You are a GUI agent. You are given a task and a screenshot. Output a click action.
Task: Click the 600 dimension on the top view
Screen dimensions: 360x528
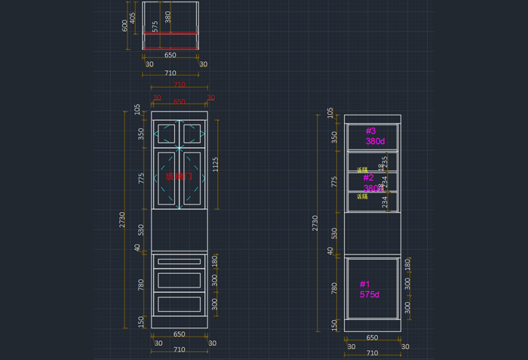point(125,25)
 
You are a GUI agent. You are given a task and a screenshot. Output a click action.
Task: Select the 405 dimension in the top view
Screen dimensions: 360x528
point(133,17)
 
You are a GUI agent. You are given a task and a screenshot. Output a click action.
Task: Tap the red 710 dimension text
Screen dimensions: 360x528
point(180,85)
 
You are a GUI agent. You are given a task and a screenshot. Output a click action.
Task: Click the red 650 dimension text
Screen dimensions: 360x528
point(180,102)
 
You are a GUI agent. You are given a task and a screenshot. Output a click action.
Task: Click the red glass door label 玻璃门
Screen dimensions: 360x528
point(179,177)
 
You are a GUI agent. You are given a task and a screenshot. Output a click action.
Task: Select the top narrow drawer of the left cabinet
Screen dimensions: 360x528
point(180,261)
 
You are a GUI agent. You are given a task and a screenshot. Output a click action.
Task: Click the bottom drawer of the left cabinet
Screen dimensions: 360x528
point(180,304)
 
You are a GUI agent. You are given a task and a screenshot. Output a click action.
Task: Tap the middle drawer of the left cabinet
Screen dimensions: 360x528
point(180,281)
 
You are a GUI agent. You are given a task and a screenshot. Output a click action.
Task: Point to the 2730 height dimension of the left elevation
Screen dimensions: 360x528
point(123,220)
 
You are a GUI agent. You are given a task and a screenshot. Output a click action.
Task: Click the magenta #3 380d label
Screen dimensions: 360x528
point(375,136)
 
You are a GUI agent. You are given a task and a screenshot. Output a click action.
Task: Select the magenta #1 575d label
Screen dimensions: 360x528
point(370,289)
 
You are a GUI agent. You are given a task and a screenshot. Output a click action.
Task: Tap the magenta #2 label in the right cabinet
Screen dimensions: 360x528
point(370,178)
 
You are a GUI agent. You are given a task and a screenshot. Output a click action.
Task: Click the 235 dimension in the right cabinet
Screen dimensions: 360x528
point(385,162)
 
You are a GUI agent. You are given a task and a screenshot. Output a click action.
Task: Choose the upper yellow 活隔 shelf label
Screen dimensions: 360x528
point(362,171)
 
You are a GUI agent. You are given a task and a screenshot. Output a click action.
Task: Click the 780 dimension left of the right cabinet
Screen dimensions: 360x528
point(334,288)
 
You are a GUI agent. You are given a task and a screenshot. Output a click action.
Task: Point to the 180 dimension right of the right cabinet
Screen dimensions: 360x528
point(407,264)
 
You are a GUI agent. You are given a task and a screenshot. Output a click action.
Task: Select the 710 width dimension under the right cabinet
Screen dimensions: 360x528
point(372,353)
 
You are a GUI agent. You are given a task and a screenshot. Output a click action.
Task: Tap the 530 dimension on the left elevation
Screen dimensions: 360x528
point(140,229)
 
